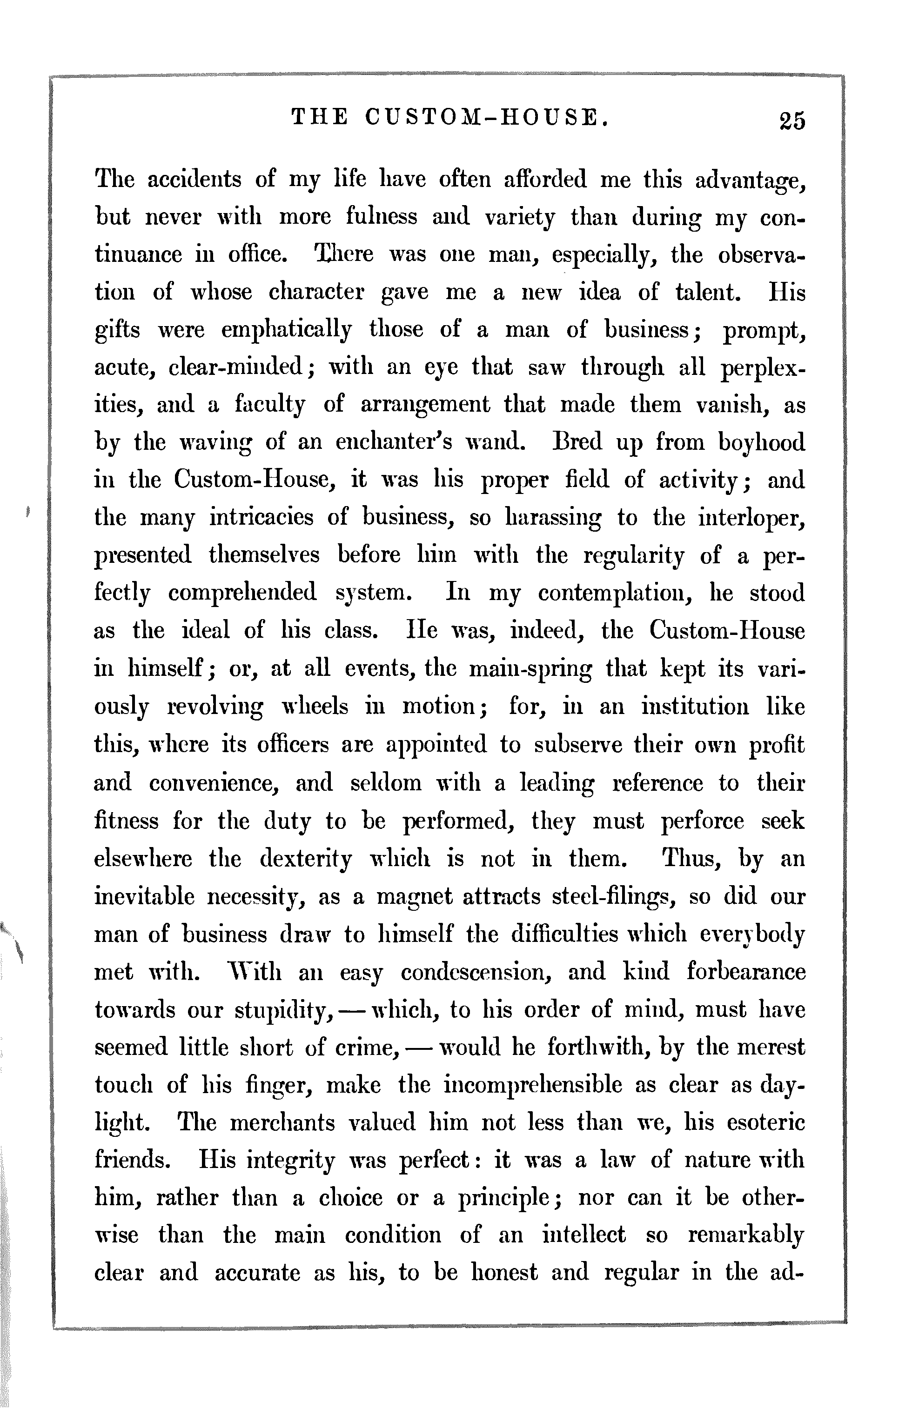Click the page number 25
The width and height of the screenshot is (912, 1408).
pyautogui.click(x=792, y=120)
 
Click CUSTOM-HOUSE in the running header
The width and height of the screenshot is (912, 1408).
pyautogui.click(x=486, y=118)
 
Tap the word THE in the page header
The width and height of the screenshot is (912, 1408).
pyautogui.click(x=320, y=118)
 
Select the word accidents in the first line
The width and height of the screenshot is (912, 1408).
pyautogui.click(x=194, y=179)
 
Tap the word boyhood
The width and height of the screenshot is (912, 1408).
pyautogui.click(x=761, y=442)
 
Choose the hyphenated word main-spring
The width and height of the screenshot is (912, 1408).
pyautogui.click(x=530, y=669)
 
